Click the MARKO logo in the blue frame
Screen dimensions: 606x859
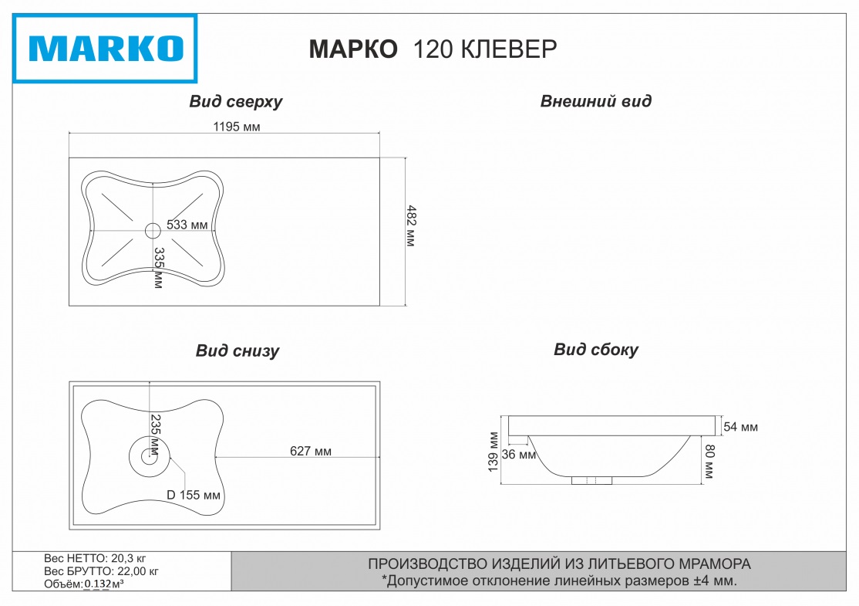[x=106, y=49]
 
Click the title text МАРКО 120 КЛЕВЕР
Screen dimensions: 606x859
[x=432, y=49]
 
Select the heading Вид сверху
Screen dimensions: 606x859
[x=236, y=102]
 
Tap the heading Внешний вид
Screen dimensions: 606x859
[x=595, y=101]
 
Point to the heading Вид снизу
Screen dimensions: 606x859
[x=237, y=351]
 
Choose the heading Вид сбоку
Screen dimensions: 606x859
[x=595, y=350]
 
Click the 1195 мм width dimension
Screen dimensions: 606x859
[x=236, y=127]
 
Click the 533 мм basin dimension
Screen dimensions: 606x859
[x=187, y=225]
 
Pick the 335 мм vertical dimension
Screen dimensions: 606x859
[x=158, y=268]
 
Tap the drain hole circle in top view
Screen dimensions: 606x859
[x=153, y=229]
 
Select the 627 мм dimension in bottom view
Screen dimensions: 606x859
[x=311, y=451]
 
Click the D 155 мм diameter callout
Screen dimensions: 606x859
[x=194, y=495]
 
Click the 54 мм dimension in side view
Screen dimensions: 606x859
[x=741, y=427]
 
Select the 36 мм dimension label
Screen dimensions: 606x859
[x=518, y=455]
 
